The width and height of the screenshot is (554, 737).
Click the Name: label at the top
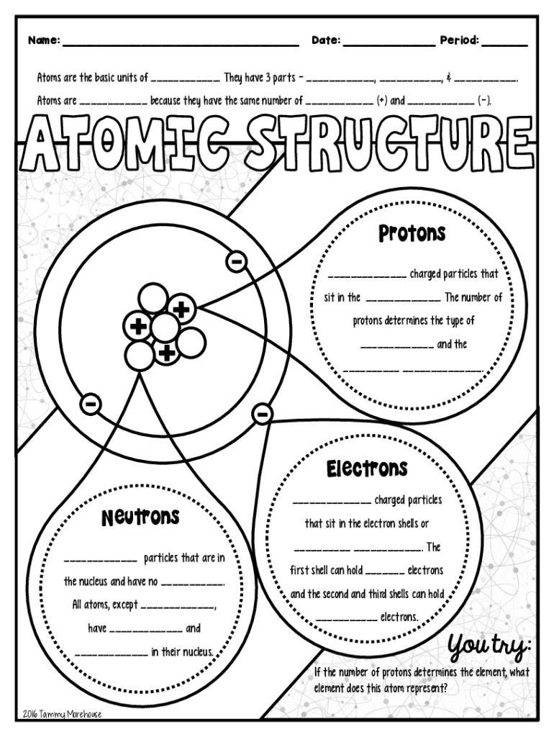click(43, 41)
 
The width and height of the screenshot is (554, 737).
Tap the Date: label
click(326, 41)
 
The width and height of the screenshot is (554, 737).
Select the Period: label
click(459, 41)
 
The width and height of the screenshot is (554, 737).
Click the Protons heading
click(412, 234)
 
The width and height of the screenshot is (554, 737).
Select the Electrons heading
click(367, 469)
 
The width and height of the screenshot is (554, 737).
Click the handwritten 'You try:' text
click(489, 647)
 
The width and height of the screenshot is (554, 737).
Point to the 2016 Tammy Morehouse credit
click(62, 714)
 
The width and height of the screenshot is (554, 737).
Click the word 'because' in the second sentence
click(165, 101)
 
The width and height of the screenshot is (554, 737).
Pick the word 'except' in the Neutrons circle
click(123, 605)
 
